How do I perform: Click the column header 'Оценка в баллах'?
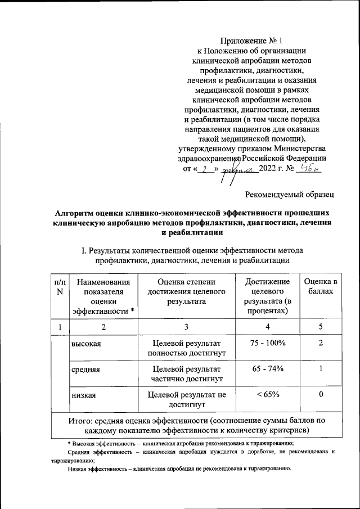[320, 286]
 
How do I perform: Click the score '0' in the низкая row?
[320, 395]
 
